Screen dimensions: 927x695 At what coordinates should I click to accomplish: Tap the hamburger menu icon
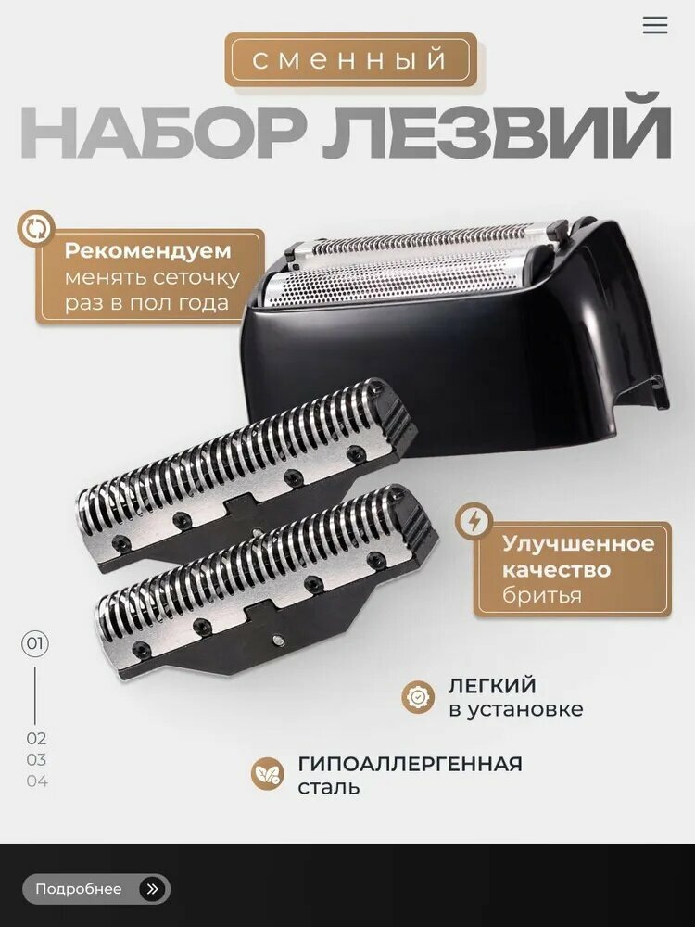point(655,25)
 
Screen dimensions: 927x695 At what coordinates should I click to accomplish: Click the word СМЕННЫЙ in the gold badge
point(350,60)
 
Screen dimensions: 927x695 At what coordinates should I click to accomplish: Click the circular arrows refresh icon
point(36,229)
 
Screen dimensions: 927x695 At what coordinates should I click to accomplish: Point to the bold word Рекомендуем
point(148,251)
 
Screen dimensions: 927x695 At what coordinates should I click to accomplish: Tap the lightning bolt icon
point(474,522)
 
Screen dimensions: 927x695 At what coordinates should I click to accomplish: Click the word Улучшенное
point(578,543)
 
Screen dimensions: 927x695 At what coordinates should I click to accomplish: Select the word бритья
point(542,595)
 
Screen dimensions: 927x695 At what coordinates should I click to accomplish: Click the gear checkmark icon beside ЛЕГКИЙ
point(418,697)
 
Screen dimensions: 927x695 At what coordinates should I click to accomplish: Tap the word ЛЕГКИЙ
point(492,686)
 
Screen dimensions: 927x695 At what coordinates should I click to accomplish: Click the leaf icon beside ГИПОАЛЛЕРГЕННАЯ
point(268,774)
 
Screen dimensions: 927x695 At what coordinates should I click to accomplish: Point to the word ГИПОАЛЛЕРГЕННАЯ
point(410,764)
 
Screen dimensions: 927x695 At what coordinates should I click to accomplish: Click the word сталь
point(329,788)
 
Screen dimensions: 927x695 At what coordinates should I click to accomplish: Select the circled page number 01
point(35,643)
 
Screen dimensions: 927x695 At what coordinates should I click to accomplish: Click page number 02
point(36,739)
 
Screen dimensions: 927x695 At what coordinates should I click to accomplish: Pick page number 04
point(36,781)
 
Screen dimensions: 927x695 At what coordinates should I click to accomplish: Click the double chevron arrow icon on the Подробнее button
point(152,889)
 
